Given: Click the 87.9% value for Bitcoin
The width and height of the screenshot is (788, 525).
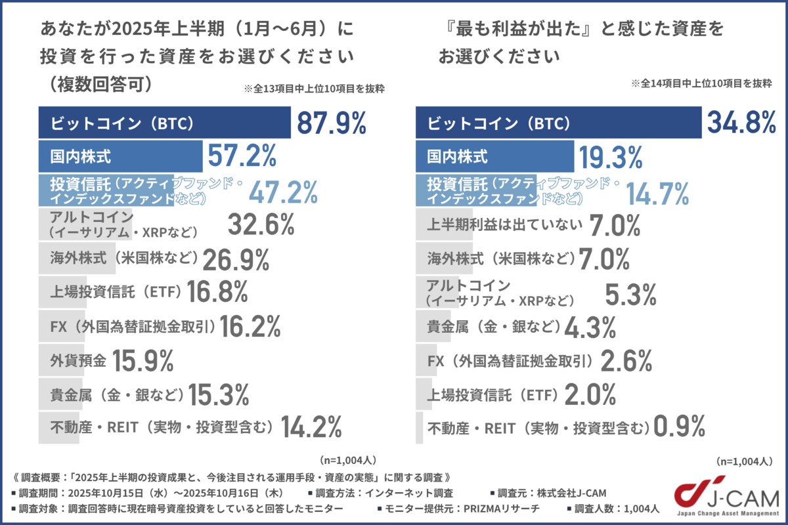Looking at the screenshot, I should [331, 123].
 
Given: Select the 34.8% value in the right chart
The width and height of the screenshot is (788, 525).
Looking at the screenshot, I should [741, 123].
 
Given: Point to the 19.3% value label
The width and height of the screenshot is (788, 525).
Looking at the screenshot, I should [610, 158].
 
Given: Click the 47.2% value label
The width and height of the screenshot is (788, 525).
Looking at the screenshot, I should [283, 192].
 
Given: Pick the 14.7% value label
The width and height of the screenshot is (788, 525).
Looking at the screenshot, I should [657, 193].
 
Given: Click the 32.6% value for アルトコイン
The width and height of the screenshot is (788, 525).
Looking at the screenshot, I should [261, 225].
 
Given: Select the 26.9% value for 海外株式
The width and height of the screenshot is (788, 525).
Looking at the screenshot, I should [236, 260].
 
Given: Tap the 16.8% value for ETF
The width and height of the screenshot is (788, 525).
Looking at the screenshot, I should [217, 292].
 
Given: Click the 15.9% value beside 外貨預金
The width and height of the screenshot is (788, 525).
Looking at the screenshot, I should [142, 360].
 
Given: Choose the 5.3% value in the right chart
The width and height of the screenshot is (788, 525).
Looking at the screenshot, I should [630, 295].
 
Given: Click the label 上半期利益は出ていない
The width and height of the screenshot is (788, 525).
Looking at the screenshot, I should [505, 225].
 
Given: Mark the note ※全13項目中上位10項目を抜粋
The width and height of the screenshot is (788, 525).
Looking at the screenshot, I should [314, 89].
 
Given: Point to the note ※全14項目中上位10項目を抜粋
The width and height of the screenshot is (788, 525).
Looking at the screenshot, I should [701, 84].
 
